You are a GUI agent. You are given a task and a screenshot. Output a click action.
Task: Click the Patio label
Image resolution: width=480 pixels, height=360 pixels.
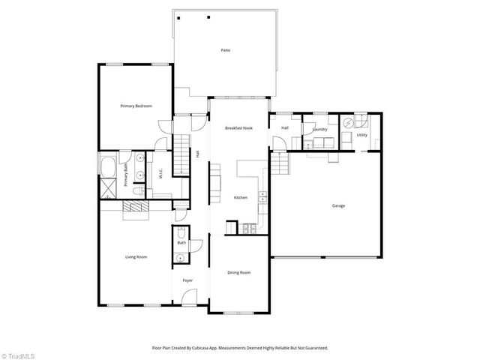(225, 50)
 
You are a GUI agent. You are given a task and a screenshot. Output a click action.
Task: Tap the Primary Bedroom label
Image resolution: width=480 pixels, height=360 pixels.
(136, 106)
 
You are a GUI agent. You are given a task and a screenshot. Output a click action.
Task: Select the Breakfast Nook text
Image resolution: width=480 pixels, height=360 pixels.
(238, 128)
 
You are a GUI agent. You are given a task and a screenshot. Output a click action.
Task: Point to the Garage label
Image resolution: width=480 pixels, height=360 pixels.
(339, 205)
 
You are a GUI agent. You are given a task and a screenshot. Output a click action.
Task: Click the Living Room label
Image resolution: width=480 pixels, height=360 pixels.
(136, 257)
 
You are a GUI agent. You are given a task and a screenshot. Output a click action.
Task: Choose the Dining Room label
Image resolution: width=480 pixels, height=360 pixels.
(238, 272)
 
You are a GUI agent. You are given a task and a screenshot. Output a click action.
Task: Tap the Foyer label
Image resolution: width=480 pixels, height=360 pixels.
(187, 280)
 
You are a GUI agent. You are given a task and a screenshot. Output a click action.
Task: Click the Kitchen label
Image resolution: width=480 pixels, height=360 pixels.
(240, 197)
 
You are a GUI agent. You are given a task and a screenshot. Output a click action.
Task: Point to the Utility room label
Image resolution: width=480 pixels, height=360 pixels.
(361, 136)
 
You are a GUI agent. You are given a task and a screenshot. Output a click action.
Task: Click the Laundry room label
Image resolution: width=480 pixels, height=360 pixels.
(320, 128)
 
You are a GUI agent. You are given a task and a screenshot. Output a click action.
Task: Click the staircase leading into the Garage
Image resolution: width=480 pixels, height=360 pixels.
(279, 160)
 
